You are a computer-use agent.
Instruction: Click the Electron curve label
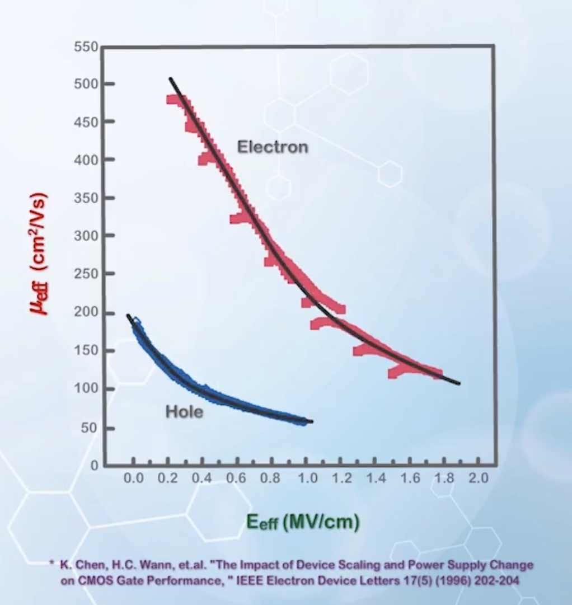click(x=273, y=147)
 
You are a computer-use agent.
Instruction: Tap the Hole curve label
click(x=184, y=412)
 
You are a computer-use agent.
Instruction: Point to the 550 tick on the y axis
click(x=86, y=47)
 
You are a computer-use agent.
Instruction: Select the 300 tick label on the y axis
click(x=86, y=236)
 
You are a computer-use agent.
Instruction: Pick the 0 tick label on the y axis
click(x=93, y=466)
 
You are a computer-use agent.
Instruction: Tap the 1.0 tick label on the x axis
click(x=307, y=479)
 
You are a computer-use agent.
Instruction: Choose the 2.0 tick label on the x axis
click(x=479, y=479)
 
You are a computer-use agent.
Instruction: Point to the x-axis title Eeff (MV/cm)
click(x=303, y=522)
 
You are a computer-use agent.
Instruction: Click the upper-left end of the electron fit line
click(x=170, y=79)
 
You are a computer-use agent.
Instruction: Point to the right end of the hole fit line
click(x=312, y=421)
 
